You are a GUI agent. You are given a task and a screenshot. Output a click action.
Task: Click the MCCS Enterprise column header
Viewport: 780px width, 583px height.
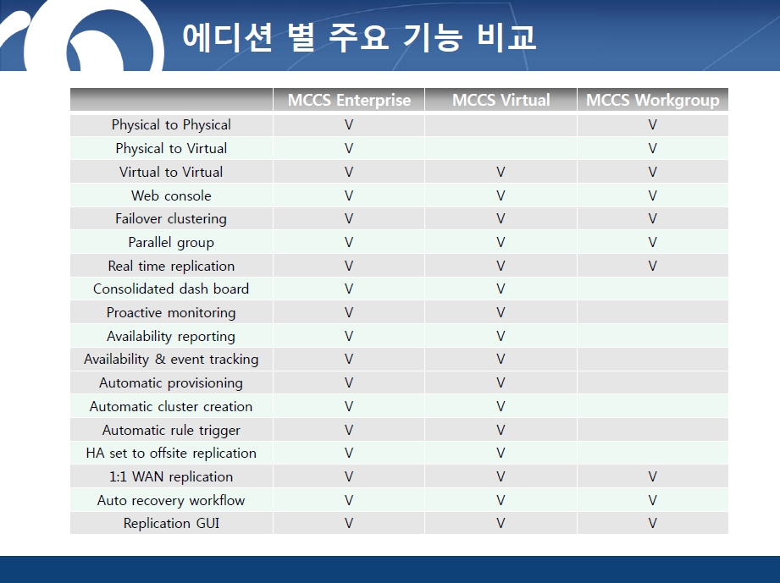pyautogui.click(x=349, y=101)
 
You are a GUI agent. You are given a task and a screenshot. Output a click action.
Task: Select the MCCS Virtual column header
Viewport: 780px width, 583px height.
pyautogui.click(x=501, y=101)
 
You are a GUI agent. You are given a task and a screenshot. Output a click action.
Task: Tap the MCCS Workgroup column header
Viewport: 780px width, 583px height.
pyautogui.click(x=653, y=101)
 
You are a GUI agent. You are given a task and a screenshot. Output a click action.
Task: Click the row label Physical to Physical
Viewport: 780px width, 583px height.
pyautogui.click(x=171, y=124)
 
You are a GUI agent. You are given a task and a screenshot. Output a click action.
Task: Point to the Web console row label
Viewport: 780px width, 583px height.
pyautogui.click(x=171, y=195)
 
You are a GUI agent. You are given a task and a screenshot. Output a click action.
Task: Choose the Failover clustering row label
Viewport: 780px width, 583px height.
pyautogui.click(x=171, y=219)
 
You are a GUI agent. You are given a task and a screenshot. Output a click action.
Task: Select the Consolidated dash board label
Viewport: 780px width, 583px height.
pyautogui.click(x=171, y=289)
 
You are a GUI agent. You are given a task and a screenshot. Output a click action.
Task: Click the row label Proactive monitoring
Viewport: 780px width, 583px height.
pyautogui.click(x=171, y=313)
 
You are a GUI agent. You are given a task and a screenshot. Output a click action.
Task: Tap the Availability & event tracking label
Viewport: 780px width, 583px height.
pyautogui.click(x=171, y=360)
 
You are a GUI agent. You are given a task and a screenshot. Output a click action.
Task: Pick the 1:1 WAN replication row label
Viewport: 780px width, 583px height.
pyautogui.click(x=171, y=477)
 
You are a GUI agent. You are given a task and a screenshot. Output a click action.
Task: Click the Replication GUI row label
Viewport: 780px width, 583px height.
pyautogui.click(x=171, y=524)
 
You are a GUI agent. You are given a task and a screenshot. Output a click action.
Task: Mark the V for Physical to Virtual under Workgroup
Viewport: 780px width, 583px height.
pyautogui.click(x=653, y=149)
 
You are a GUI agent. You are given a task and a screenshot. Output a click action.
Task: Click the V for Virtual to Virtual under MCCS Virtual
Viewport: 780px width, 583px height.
pyautogui.click(x=501, y=173)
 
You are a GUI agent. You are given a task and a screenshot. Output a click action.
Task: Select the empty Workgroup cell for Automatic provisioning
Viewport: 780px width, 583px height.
pyautogui.click(x=653, y=382)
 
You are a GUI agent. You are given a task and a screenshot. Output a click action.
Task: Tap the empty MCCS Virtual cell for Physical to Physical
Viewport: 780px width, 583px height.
pyautogui.click(x=501, y=125)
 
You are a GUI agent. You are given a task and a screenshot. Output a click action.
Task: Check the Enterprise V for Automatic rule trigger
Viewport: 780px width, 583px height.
pyautogui.click(x=349, y=430)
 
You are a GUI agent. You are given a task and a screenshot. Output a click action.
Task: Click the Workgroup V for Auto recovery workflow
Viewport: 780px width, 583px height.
pyautogui.click(x=653, y=500)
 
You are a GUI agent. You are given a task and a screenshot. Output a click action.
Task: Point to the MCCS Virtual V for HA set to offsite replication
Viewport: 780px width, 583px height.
pyautogui.click(x=501, y=454)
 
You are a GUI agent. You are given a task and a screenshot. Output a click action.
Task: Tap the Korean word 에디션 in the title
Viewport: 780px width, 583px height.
pyautogui.click(x=227, y=36)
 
